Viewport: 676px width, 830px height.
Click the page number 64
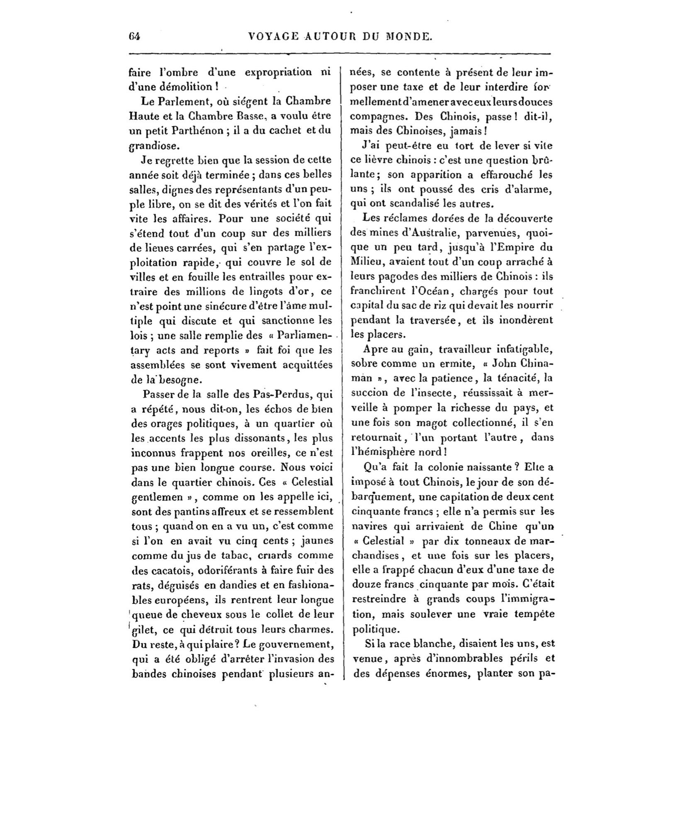click(135, 36)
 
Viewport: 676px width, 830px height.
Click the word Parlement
click(170, 101)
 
